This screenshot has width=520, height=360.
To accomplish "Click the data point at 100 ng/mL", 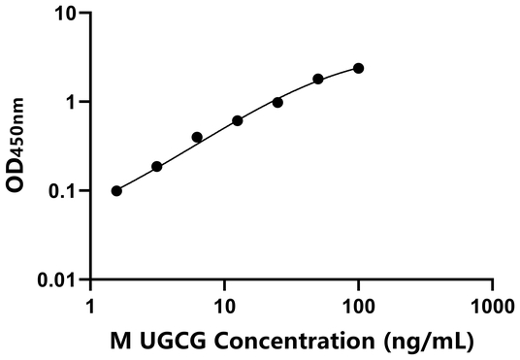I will (x=359, y=68).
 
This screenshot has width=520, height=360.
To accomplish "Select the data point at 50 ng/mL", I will (x=318, y=79).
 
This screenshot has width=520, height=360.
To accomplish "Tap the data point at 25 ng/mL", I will (x=277, y=102).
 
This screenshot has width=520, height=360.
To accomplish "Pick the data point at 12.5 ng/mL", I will (x=238, y=120).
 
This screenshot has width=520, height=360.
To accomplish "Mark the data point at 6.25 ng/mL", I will (x=197, y=137).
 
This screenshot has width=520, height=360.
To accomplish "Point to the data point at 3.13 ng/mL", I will (x=157, y=166).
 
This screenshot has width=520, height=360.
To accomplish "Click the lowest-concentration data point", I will (x=117, y=190).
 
